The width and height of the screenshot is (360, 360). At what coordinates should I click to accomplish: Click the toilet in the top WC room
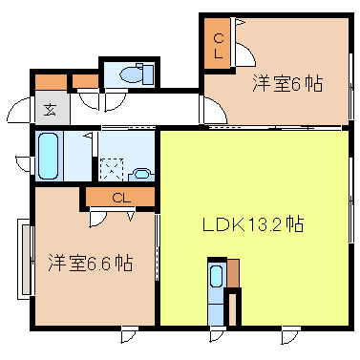(135, 73)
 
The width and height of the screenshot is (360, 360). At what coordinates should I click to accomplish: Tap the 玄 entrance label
(49, 107)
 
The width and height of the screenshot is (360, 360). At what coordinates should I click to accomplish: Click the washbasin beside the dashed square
(141, 174)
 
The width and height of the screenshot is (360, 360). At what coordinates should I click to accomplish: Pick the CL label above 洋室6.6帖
(120, 198)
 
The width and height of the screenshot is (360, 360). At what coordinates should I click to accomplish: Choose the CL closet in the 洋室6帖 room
(219, 44)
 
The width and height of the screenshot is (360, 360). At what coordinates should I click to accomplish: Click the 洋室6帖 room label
(286, 83)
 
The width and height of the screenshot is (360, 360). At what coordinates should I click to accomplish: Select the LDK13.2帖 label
(252, 225)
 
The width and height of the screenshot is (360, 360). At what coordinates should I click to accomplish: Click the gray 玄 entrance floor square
(49, 107)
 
